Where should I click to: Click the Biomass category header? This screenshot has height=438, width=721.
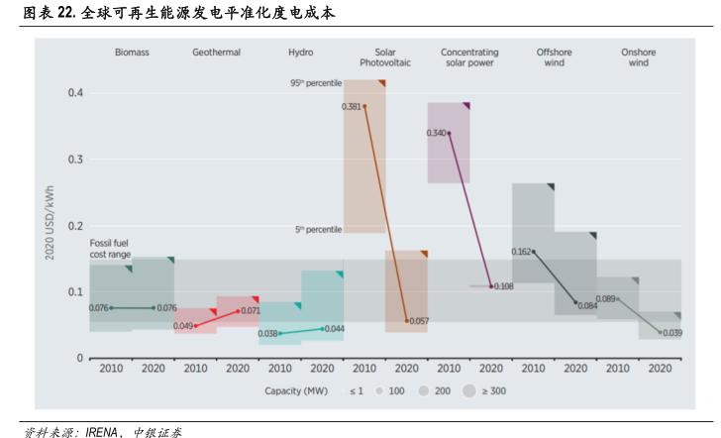[x=132, y=52]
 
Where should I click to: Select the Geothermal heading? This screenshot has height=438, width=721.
[x=216, y=52]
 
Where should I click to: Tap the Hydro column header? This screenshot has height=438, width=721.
[x=301, y=52]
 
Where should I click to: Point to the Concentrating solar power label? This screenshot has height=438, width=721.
[x=469, y=56]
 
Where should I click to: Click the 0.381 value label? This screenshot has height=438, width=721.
[x=351, y=106]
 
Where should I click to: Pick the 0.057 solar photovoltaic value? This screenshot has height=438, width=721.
[x=419, y=321]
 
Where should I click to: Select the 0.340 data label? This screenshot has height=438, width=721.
[x=436, y=133]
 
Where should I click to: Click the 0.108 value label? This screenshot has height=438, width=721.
[x=503, y=286]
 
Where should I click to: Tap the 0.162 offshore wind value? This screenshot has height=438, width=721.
[x=521, y=252]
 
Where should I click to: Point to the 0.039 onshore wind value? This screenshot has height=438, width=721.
[x=671, y=333]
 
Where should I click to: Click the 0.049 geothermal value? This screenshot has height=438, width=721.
[x=183, y=326]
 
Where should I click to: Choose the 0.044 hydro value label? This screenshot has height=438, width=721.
[x=334, y=329]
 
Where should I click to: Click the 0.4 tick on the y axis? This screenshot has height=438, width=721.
[x=75, y=93]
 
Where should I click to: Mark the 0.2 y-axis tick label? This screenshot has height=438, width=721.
[x=75, y=226]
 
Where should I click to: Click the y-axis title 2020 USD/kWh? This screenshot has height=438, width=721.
[x=50, y=226]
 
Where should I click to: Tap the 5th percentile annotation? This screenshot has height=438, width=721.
[x=318, y=230]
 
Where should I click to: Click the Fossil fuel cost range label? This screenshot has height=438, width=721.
[x=111, y=249]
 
